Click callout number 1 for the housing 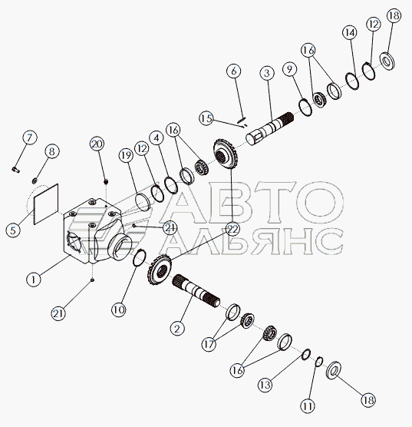[34, 280]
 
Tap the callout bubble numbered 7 [29, 137]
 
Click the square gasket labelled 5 [46, 204]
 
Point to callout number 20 [97, 144]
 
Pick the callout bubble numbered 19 [126, 155]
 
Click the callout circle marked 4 [157, 138]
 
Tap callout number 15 [206, 118]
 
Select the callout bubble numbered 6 [234, 71]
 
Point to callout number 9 [289, 69]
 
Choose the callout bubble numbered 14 [350, 33]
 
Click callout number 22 [233, 230]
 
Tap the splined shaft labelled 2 [196, 292]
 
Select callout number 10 [118, 310]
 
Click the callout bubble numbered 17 [209, 345]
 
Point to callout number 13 [265, 385]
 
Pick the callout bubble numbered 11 [308, 406]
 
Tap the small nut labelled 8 [35, 180]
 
